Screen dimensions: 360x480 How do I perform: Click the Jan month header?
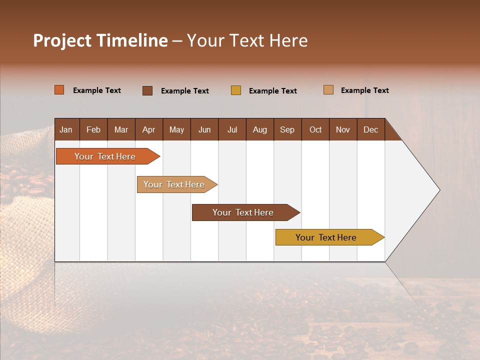click(x=66, y=129)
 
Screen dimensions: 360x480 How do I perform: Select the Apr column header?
click(x=149, y=129)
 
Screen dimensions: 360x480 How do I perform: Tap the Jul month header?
click(x=232, y=129)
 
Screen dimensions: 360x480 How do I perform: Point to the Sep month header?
click(x=287, y=129)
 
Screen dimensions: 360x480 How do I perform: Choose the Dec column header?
click(x=370, y=129)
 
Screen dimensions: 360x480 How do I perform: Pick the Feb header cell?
click(x=93, y=129)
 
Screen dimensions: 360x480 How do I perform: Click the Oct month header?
click(x=315, y=129)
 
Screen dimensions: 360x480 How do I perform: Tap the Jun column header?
click(x=204, y=129)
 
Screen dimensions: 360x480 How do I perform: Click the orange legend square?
click(x=59, y=90)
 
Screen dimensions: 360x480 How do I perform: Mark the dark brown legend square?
click(x=147, y=90)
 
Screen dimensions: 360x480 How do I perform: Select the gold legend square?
click(x=236, y=90)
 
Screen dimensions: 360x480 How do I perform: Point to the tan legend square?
click(x=328, y=90)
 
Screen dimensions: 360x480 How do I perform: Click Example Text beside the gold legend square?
click(x=273, y=90)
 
